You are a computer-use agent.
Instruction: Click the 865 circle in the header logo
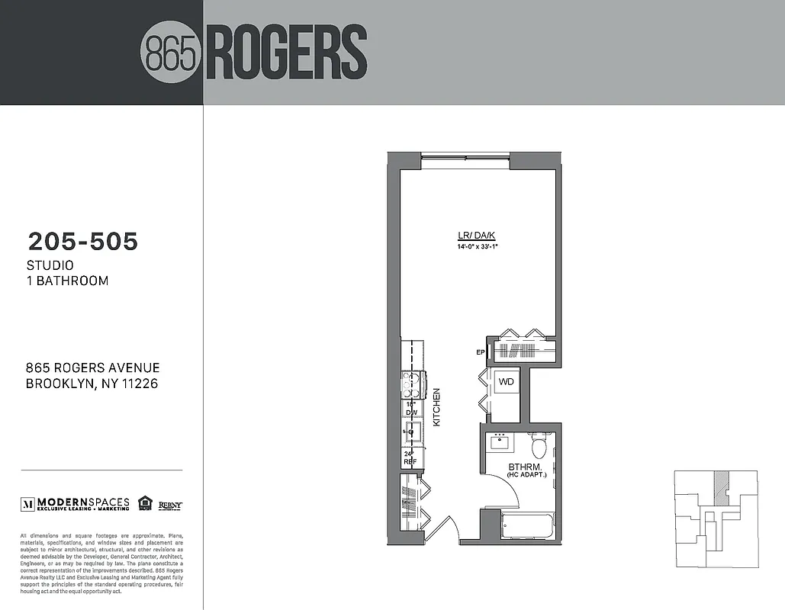172,52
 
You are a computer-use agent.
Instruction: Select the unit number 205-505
83,242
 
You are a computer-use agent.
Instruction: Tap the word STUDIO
50,265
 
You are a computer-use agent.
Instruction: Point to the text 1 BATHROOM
67,281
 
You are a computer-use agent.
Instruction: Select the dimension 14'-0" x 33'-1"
478,246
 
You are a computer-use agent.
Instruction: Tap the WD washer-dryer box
506,381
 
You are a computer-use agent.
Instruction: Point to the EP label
481,352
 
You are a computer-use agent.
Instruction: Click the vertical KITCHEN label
437,407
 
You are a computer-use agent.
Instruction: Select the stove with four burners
413,384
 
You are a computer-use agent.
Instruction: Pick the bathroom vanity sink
501,441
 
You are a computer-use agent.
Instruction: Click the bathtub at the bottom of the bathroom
529,525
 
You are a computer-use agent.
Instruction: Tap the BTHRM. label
525,467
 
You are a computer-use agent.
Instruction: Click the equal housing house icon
145,502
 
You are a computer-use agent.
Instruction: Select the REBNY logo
170,504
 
